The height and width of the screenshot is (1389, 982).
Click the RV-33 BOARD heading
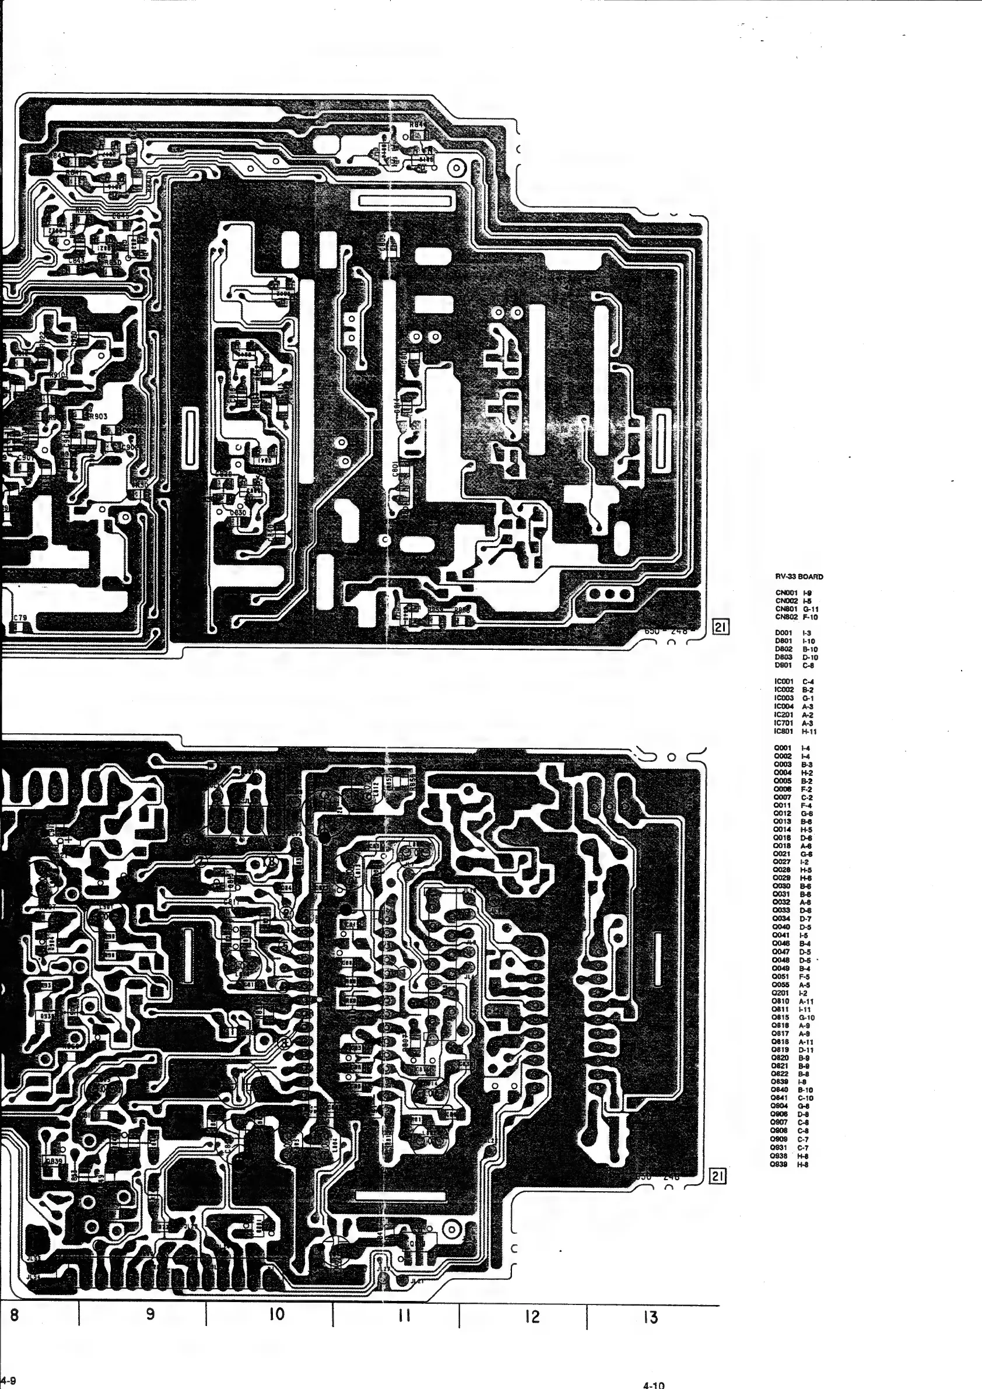point(799,576)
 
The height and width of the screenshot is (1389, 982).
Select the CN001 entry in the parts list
point(786,593)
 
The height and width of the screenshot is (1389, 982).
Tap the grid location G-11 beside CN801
point(811,609)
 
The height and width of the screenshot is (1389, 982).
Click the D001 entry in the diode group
point(784,633)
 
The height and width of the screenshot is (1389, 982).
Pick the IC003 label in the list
point(784,698)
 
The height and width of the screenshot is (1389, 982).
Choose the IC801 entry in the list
point(784,732)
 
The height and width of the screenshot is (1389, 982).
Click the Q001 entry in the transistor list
point(783,748)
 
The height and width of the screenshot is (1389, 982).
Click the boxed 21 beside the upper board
point(720,627)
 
